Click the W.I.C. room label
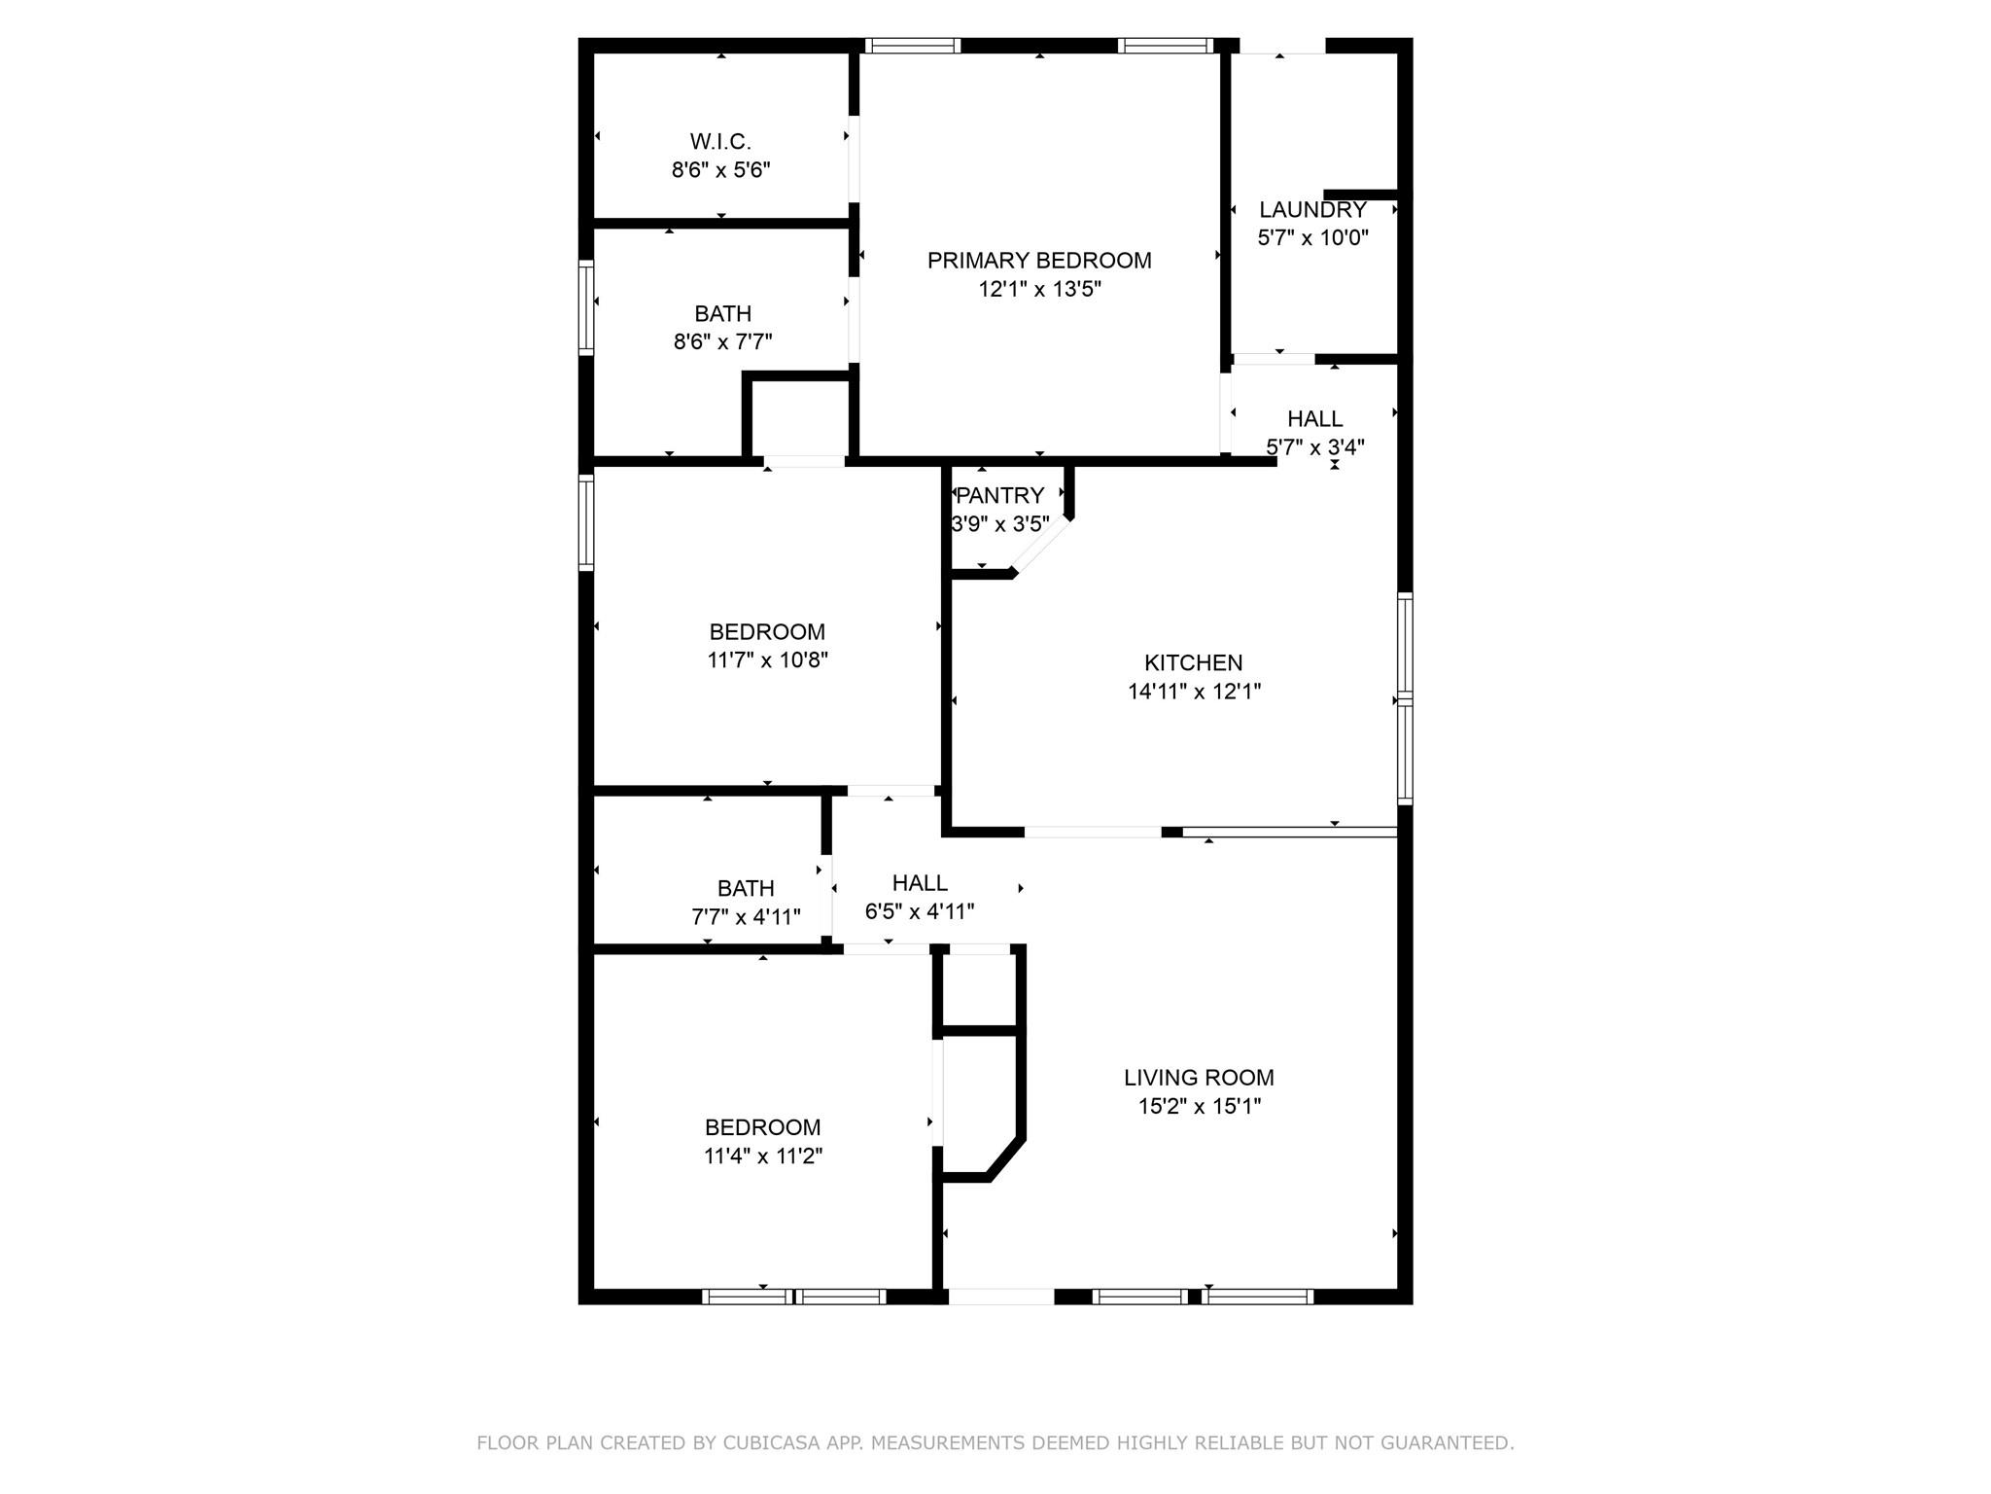(720, 142)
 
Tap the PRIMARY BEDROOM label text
(1039, 261)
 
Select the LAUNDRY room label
(1312, 210)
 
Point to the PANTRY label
(999, 496)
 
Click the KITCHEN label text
(1193, 663)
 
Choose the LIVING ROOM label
(1199, 1078)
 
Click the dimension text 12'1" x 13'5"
(1039, 289)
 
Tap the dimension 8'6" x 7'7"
(722, 342)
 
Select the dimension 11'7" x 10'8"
(767, 660)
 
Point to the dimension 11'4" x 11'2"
(763, 1156)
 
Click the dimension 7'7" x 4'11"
(746, 917)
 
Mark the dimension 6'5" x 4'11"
(920, 912)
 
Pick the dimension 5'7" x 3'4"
(1315, 447)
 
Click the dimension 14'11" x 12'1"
(1194, 692)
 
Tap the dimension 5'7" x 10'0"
(1312, 238)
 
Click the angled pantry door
(1041, 546)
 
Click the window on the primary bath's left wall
(586, 307)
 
